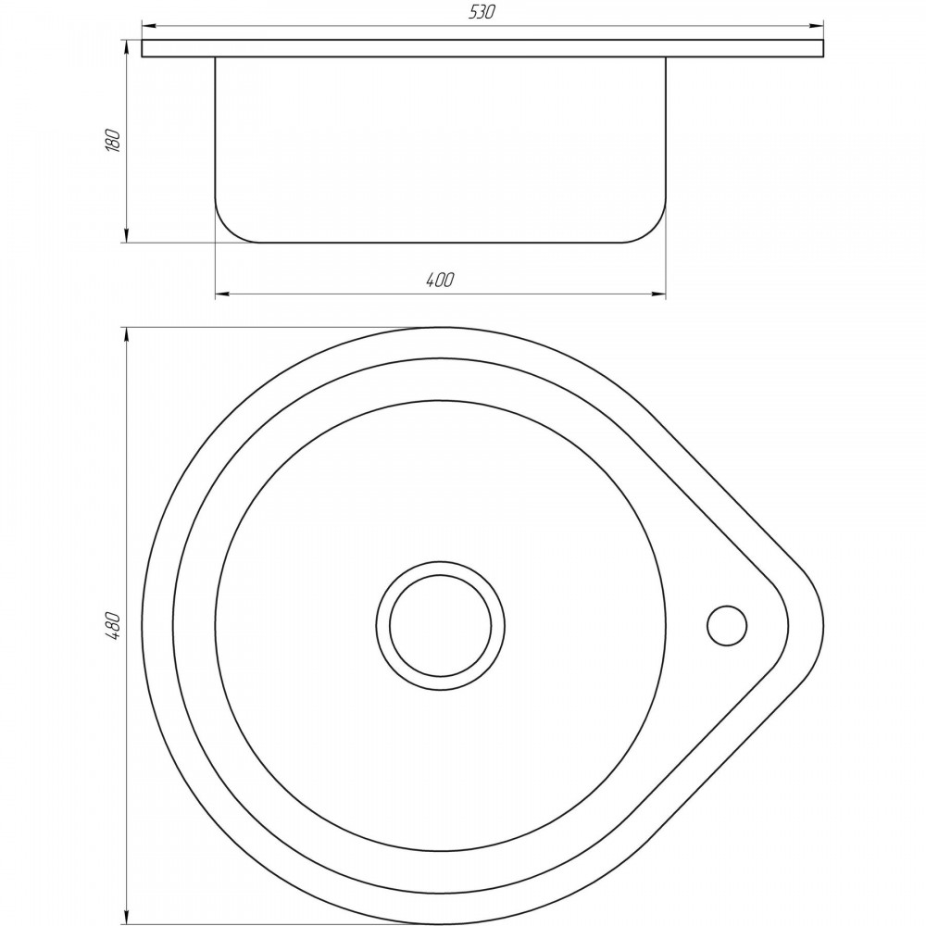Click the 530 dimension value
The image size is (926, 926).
tap(482, 12)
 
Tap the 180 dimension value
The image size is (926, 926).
tap(112, 141)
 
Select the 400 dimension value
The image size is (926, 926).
tap(440, 280)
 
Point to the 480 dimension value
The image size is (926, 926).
tap(112, 627)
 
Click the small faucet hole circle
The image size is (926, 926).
tap(726, 625)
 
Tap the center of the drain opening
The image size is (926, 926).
tap(440, 625)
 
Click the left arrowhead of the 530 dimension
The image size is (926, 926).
tap(149, 26)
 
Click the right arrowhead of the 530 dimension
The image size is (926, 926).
tap(817, 26)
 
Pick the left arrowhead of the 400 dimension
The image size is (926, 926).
tap(222, 293)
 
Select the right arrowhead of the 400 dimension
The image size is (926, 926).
tap(658, 293)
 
